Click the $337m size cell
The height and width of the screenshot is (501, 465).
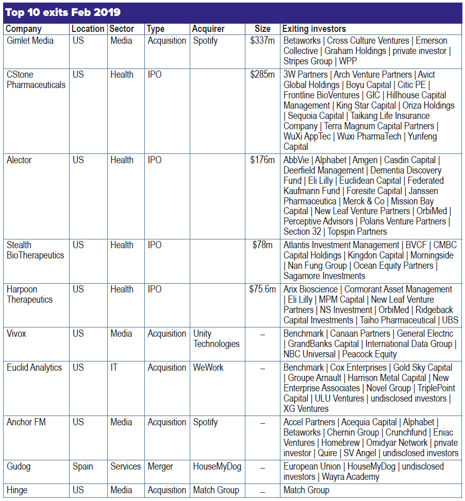262,41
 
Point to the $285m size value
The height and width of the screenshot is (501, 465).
262,75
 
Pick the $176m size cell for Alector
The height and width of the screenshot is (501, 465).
262,160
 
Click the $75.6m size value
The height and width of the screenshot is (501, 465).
262,289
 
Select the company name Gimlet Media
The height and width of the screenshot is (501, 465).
30,41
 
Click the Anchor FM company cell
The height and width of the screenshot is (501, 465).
26,422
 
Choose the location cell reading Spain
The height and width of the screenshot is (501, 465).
82,467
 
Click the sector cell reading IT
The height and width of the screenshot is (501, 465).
114,368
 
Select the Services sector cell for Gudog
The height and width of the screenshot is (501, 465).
125,467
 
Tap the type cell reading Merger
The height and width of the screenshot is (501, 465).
161,467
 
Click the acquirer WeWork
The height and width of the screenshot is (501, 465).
209,368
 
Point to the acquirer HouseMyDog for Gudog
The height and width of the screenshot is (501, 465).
217,467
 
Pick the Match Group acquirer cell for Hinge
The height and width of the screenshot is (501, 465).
216,490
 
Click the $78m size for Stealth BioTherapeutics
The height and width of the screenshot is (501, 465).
262,245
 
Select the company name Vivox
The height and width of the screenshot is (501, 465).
16,334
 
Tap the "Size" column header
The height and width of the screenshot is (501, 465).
262,29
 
